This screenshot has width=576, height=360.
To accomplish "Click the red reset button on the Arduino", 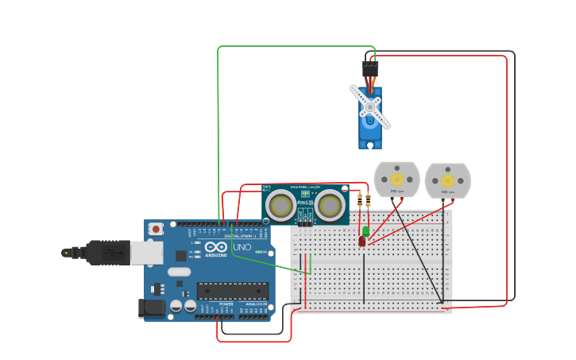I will coord(157,229).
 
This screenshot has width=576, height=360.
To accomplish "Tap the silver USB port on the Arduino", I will coord(146,252).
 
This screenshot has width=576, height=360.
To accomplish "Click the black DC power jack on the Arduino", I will coord(152,308).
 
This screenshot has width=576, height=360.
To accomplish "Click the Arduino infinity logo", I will coord(216,247).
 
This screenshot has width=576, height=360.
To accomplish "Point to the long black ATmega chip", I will coord(233,291).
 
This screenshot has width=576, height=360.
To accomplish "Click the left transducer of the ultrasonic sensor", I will coord(280,206).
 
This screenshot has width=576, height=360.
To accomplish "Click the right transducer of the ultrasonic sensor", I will coord(329,206).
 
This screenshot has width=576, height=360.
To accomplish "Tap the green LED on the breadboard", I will coord(365,230).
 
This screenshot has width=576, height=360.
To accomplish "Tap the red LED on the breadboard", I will coord(361,240).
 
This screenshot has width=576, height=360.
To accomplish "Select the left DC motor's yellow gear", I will coord(396,180).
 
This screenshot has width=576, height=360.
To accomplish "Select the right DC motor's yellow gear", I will coord(447,181).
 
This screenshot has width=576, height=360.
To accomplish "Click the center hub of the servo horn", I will coord(369,106).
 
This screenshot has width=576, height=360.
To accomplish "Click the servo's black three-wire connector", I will coord(370,68).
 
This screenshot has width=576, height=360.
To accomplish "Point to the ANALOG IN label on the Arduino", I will coord(256,304).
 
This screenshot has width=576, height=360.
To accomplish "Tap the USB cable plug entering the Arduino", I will coord(107,253).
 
